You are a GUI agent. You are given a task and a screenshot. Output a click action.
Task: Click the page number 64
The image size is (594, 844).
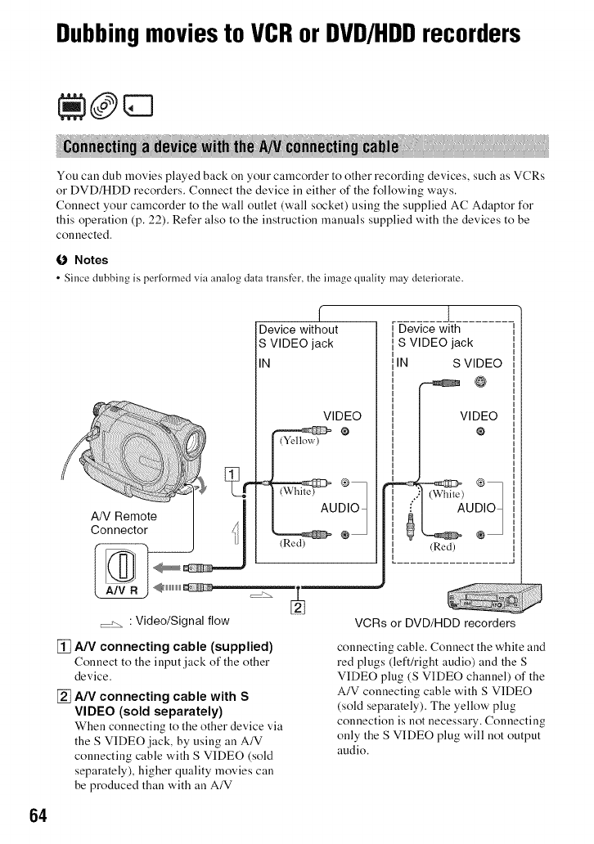click(x=38, y=815)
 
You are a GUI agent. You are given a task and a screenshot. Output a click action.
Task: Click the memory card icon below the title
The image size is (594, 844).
click(x=138, y=105)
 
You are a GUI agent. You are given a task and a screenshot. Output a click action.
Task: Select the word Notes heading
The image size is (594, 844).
click(x=91, y=260)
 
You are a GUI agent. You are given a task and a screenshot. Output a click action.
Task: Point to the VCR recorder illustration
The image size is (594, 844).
click(x=494, y=598)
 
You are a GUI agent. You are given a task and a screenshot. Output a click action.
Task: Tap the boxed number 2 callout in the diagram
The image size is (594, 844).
click(x=298, y=607)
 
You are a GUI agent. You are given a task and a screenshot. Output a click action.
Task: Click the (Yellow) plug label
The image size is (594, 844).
click(x=299, y=441)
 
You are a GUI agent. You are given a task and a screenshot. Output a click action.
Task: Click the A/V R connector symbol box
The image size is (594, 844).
click(x=120, y=571)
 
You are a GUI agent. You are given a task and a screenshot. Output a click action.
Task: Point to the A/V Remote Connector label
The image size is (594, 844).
click(x=124, y=523)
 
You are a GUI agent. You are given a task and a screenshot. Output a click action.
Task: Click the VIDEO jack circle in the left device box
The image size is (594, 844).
click(x=345, y=431)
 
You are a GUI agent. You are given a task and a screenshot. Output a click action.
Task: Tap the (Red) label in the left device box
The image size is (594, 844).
click(x=292, y=543)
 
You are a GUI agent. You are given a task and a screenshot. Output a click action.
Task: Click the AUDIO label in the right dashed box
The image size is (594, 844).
click(x=475, y=508)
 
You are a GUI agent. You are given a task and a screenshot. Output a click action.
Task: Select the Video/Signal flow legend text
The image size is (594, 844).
click(x=182, y=621)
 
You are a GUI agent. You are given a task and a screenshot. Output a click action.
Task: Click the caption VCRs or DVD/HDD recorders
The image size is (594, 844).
click(x=435, y=623)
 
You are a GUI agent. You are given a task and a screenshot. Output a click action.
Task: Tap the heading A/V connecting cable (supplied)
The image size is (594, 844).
click(x=174, y=646)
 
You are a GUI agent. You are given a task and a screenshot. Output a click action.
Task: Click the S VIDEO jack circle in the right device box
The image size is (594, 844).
click(x=479, y=382)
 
